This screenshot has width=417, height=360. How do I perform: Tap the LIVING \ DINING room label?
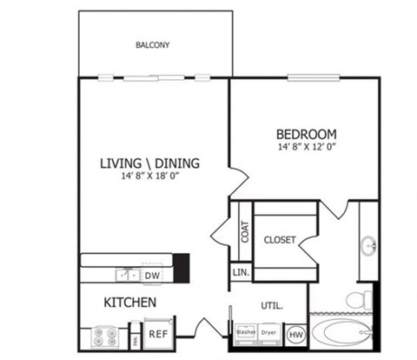[x=149, y=162]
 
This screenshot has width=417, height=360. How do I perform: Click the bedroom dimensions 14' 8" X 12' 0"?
[x=306, y=148]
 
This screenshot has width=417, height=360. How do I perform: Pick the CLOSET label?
[x=280, y=239]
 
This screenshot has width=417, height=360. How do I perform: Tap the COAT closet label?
[x=245, y=232]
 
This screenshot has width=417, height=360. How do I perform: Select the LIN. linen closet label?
[x=241, y=273]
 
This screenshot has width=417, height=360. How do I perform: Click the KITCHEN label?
[x=130, y=303]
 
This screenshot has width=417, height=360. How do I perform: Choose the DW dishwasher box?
[x=152, y=276]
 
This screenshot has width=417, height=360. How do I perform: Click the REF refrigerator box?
[x=157, y=333]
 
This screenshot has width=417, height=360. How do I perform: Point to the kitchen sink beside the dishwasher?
[x=127, y=275]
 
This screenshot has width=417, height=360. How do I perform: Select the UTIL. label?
[x=272, y=305]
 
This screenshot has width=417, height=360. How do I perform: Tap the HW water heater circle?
[x=295, y=333]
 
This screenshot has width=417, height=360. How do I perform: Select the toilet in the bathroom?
[x=356, y=300]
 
